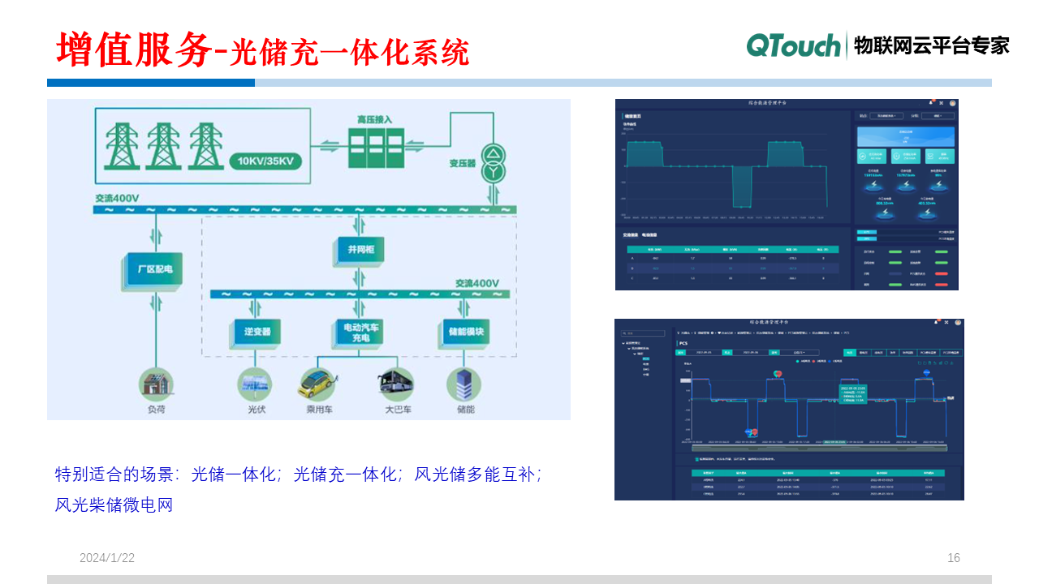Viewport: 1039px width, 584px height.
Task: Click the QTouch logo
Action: coord(793,45)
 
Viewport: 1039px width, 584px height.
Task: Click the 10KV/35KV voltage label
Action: coord(265,161)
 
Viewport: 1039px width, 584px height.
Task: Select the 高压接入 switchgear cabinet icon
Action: coord(375,147)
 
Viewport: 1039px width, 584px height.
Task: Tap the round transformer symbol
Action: coord(491,163)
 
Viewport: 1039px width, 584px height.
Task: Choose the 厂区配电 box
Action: coord(153,269)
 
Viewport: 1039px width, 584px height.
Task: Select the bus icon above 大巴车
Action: coord(396,384)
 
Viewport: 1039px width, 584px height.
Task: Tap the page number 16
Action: coord(954,558)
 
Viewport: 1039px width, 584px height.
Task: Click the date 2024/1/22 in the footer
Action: coord(107,558)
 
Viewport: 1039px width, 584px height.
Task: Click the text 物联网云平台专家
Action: coord(932,45)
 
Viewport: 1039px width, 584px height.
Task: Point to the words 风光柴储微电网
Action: coord(114,505)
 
